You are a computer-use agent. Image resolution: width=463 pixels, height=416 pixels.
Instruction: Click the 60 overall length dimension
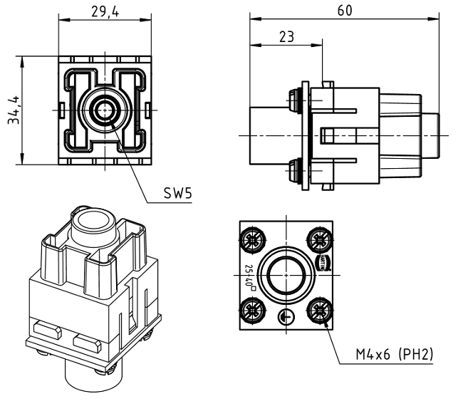coord(345,10)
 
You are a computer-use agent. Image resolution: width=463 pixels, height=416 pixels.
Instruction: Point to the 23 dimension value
coord(286,37)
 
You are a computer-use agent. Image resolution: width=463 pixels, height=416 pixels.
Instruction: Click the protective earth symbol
coord(285,317)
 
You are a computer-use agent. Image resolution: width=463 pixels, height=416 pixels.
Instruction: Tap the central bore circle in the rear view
coord(285,274)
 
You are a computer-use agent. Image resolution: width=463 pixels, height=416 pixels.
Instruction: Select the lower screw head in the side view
coord(293,171)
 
